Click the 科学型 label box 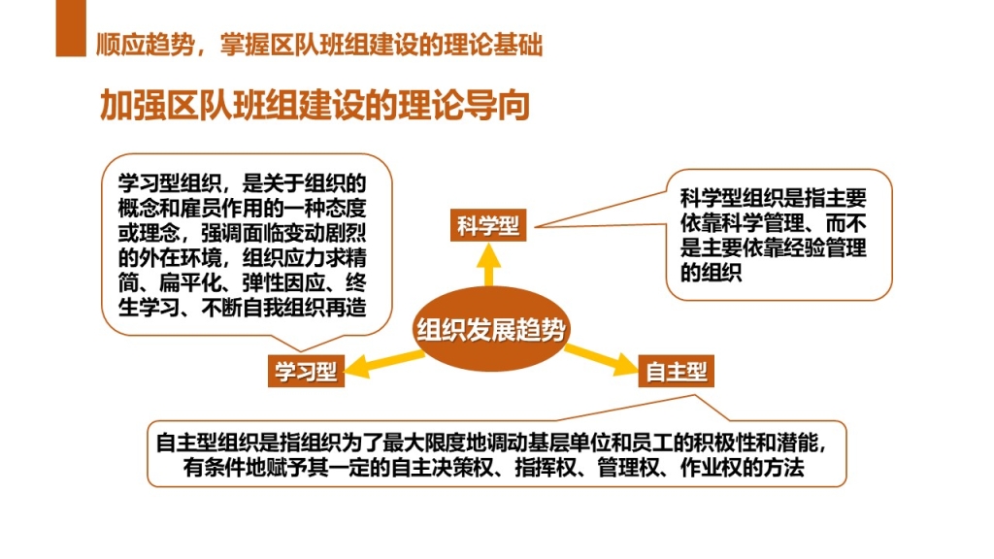[x=488, y=225]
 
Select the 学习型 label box [x=306, y=371]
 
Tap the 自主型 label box [x=676, y=371]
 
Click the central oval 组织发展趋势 [x=490, y=329]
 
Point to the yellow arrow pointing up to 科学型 [x=489, y=265]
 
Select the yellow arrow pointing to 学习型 [x=383, y=363]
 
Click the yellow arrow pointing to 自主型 [x=600, y=359]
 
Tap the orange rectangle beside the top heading [x=71, y=28]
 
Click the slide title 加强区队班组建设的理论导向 [x=315, y=105]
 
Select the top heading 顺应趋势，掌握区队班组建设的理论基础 [x=319, y=45]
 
